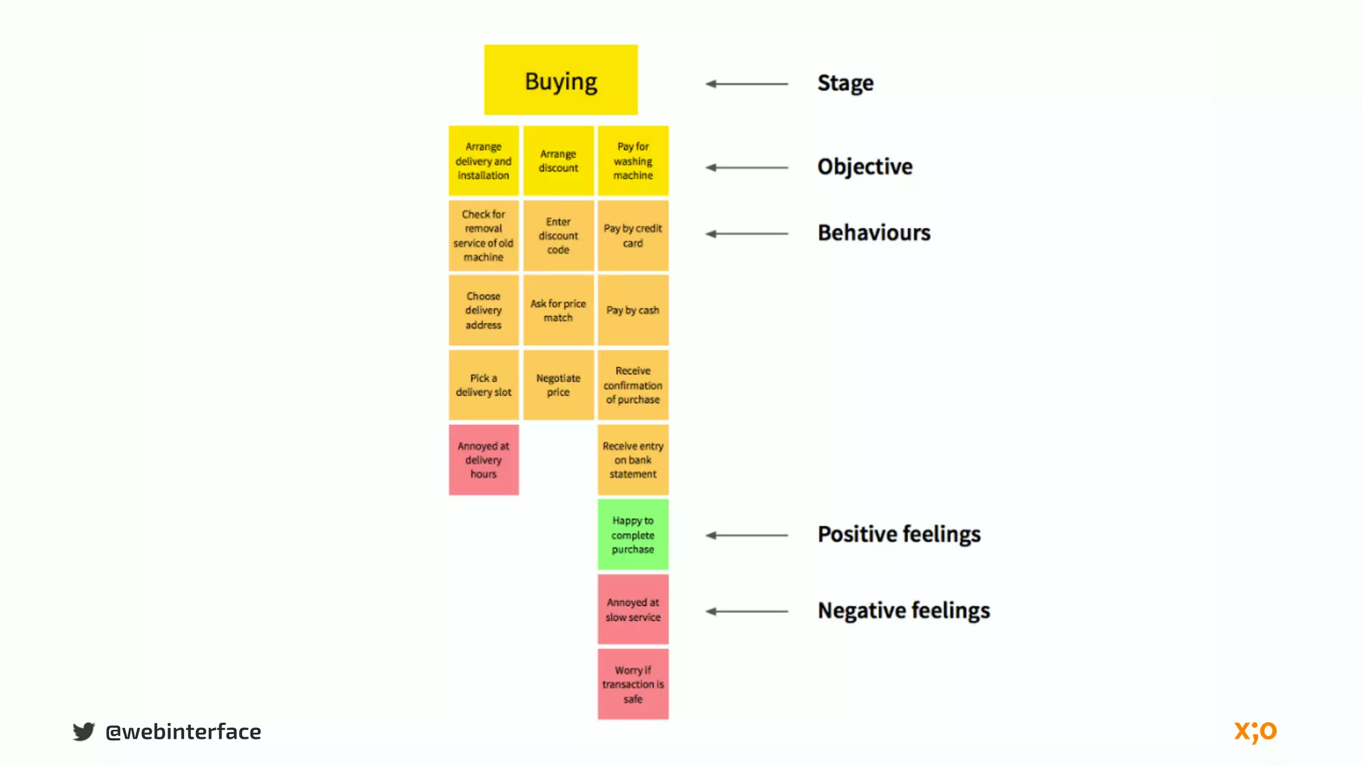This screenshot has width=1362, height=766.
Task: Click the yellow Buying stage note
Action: [x=561, y=80]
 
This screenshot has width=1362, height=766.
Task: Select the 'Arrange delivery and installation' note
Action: [x=483, y=161]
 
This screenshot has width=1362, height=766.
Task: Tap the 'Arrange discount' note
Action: [x=558, y=161]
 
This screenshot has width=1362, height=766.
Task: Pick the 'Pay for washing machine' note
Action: [x=632, y=161]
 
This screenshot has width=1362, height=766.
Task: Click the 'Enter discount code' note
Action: [x=558, y=236]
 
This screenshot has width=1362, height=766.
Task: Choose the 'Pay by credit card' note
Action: [x=632, y=236]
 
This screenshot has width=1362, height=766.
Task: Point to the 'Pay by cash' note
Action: [x=632, y=311]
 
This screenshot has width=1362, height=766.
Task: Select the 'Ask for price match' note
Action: [x=558, y=311]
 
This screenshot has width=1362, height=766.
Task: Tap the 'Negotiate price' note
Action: [x=558, y=385]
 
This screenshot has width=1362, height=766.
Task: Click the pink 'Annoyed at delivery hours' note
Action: [x=483, y=460]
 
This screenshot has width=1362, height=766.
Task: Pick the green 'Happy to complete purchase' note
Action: [x=632, y=535]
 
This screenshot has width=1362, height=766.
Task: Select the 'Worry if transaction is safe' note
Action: [x=632, y=684]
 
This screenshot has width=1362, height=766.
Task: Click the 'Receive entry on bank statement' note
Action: [x=632, y=460]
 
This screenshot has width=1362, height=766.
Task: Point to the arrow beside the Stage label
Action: [x=746, y=84]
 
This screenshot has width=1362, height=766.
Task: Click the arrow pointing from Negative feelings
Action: [x=746, y=611]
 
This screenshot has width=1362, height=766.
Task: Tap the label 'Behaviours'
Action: [x=874, y=233]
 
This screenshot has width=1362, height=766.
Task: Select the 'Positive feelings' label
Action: [x=898, y=535]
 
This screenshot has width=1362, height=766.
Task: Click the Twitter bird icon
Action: [x=84, y=731]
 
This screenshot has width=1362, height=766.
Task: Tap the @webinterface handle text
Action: [x=183, y=731]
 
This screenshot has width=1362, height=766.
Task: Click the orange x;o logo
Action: [x=1255, y=731]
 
